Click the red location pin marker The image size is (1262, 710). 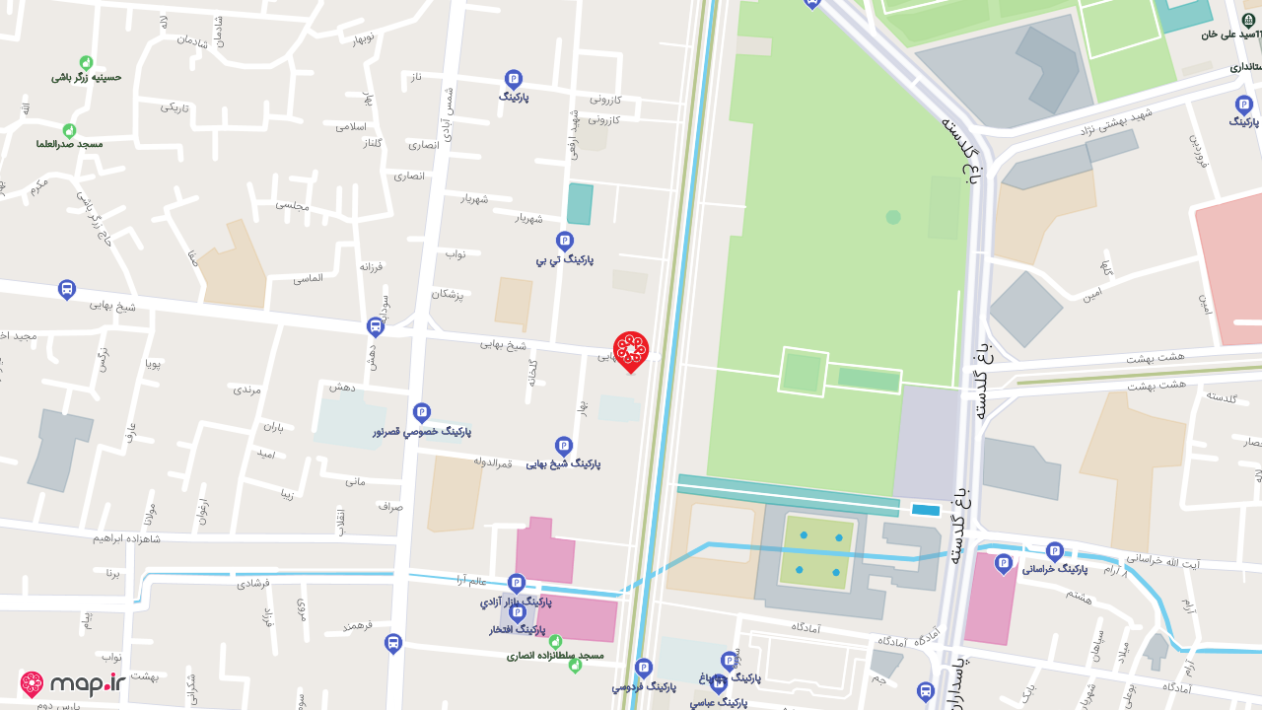coord(631,351)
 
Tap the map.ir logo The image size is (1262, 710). coord(73,684)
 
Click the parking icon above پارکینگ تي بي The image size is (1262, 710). coord(565,240)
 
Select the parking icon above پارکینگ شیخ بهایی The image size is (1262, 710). coord(564,446)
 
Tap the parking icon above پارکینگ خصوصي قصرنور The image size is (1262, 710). coord(422,412)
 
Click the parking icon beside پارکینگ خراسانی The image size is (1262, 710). coord(1055,550)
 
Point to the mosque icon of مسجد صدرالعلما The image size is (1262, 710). coord(69,130)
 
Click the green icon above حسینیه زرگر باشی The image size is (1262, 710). coord(86,62)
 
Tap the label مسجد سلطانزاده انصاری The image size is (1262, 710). coord(555,655)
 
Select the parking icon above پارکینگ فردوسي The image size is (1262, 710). coord(644,668)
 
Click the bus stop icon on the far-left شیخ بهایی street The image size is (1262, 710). coord(67,290)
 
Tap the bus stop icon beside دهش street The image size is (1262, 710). coord(376,326)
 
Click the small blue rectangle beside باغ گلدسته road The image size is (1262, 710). coord(925,510)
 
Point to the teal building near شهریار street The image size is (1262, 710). coord(580,204)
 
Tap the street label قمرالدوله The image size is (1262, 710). coord(493,461)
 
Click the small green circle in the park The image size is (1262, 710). coord(893,217)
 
